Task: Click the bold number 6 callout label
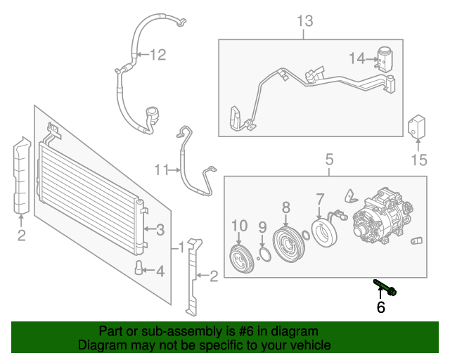coord(381,308)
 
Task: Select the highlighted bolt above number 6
coord(383,287)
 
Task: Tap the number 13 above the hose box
coord(304,21)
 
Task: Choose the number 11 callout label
coord(162,169)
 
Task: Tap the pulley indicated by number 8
coord(288,242)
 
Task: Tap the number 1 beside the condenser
coord(181,247)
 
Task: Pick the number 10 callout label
coord(239,225)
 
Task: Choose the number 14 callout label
coord(356,58)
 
